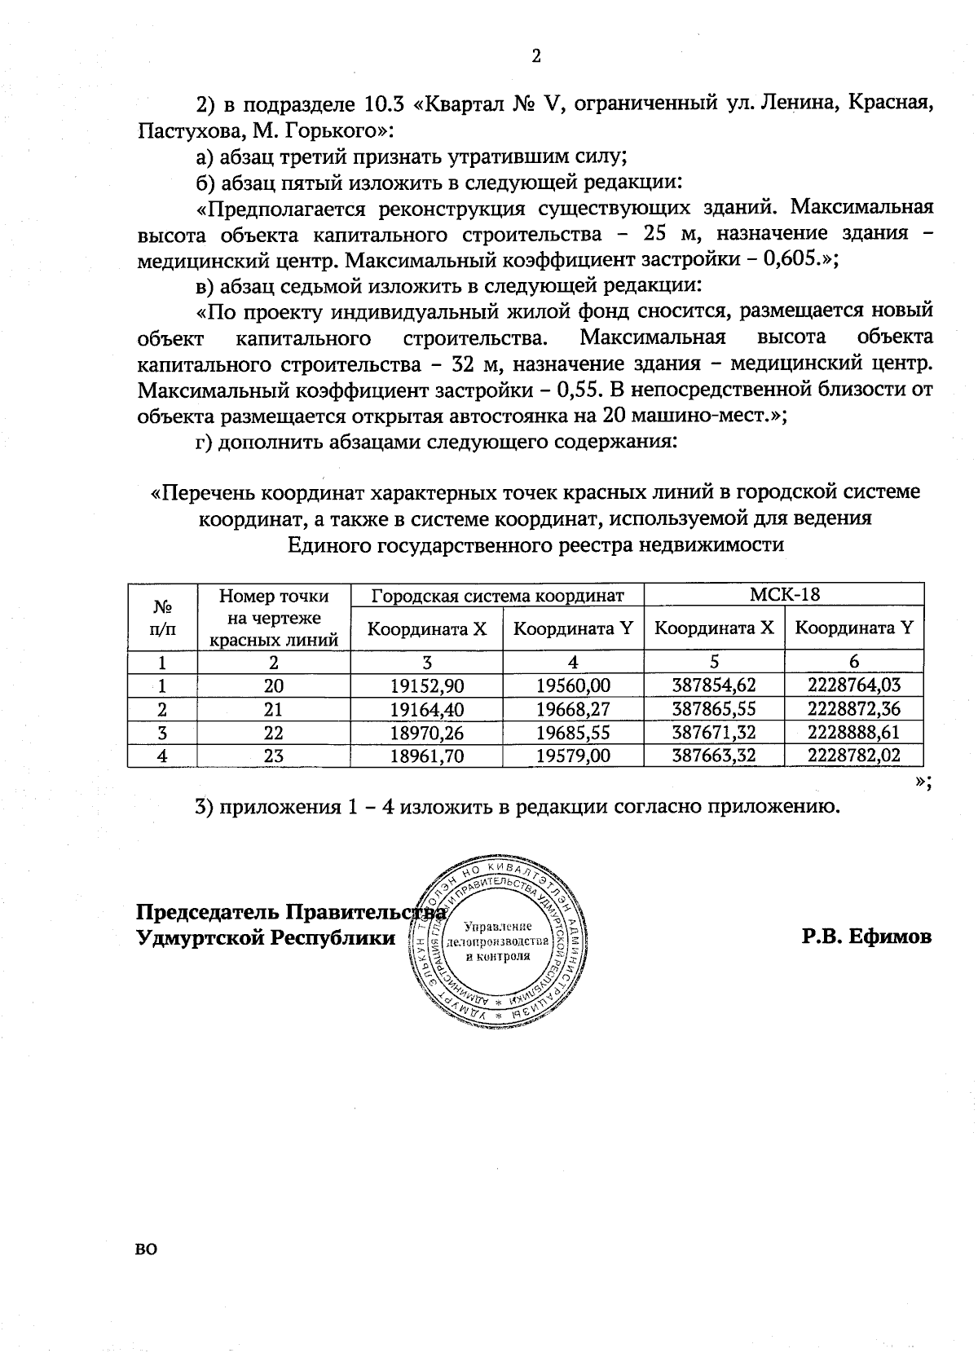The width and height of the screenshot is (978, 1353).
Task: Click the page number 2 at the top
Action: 535,56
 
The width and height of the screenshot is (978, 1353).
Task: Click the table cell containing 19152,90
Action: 426,685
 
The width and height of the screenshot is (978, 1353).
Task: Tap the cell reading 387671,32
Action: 713,732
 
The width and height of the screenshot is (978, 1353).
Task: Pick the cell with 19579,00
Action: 573,756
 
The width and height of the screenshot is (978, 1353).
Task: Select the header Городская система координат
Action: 497,595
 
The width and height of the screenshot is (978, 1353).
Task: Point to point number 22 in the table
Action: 273,732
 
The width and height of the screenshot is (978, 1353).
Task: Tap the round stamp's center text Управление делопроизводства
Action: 497,941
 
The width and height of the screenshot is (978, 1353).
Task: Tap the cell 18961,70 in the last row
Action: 426,756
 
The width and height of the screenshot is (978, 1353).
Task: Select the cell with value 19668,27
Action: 573,709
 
